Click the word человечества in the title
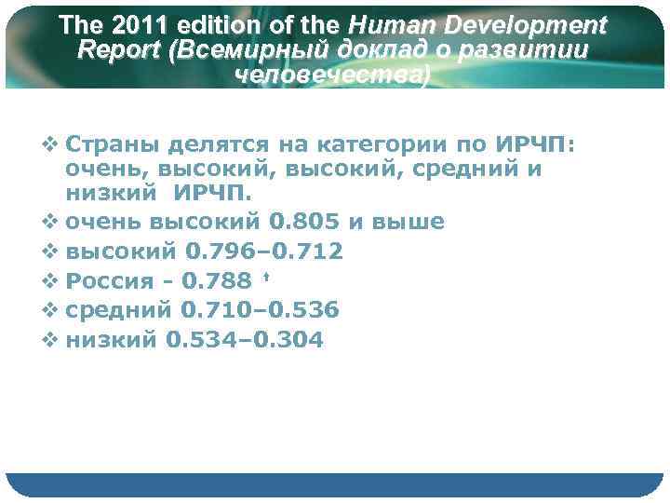coord(334,76)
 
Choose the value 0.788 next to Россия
coord(217,281)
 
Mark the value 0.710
coord(221,310)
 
